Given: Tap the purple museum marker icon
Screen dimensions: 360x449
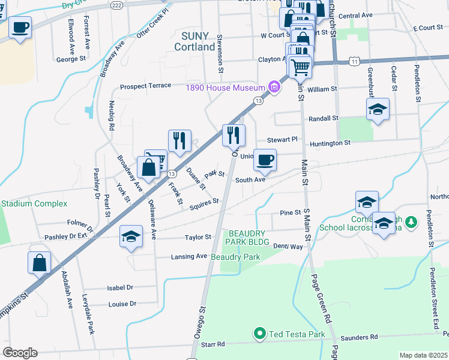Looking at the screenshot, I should click(x=274, y=88).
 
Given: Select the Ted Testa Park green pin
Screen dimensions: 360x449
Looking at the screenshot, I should click(x=259, y=334).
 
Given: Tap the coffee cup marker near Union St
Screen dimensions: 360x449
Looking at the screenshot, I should click(x=265, y=160).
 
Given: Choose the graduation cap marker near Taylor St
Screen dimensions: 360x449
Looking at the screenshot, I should click(x=130, y=237).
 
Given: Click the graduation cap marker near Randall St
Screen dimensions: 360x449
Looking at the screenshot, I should click(x=378, y=110).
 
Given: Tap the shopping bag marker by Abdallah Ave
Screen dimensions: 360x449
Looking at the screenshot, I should click(x=39, y=263).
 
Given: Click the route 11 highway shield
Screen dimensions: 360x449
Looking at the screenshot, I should click(x=355, y=61).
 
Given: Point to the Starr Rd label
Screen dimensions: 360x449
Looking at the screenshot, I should click(x=212, y=344).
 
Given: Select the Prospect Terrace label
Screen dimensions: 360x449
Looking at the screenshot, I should click(x=145, y=86).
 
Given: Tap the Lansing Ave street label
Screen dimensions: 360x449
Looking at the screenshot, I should click(x=188, y=256).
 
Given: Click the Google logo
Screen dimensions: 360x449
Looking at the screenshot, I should click(x=20, y=353).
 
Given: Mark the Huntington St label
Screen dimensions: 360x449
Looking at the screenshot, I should click(x=330, y=143).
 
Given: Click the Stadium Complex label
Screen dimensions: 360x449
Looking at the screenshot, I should click(x=34, y=203).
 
